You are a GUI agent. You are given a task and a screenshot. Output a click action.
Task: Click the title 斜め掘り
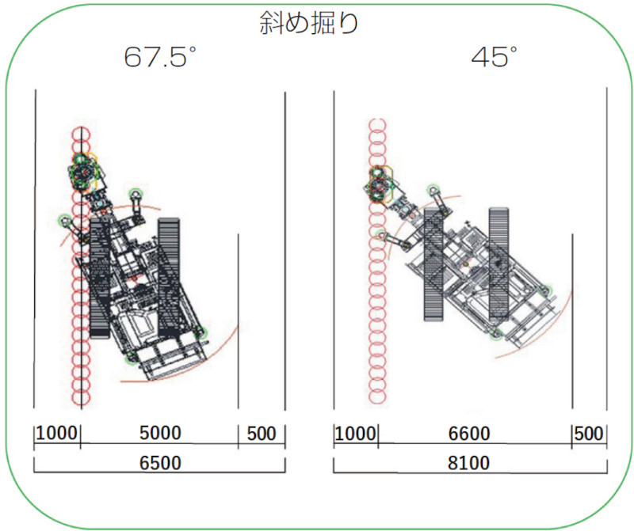308,23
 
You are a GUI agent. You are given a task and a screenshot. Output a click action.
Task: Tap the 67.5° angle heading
160,56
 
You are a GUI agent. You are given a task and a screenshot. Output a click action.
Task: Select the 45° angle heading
494,56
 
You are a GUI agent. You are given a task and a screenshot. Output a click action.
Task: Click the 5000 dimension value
160,434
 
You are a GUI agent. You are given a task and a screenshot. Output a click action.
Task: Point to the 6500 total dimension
160,463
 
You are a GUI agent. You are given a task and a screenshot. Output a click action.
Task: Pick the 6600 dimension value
469,434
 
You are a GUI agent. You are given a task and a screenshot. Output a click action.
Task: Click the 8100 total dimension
468,463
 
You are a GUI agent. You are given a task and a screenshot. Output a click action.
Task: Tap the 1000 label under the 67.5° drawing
56,434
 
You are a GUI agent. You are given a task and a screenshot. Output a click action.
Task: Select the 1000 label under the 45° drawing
355,434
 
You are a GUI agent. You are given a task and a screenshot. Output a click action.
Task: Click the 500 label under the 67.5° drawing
262,434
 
